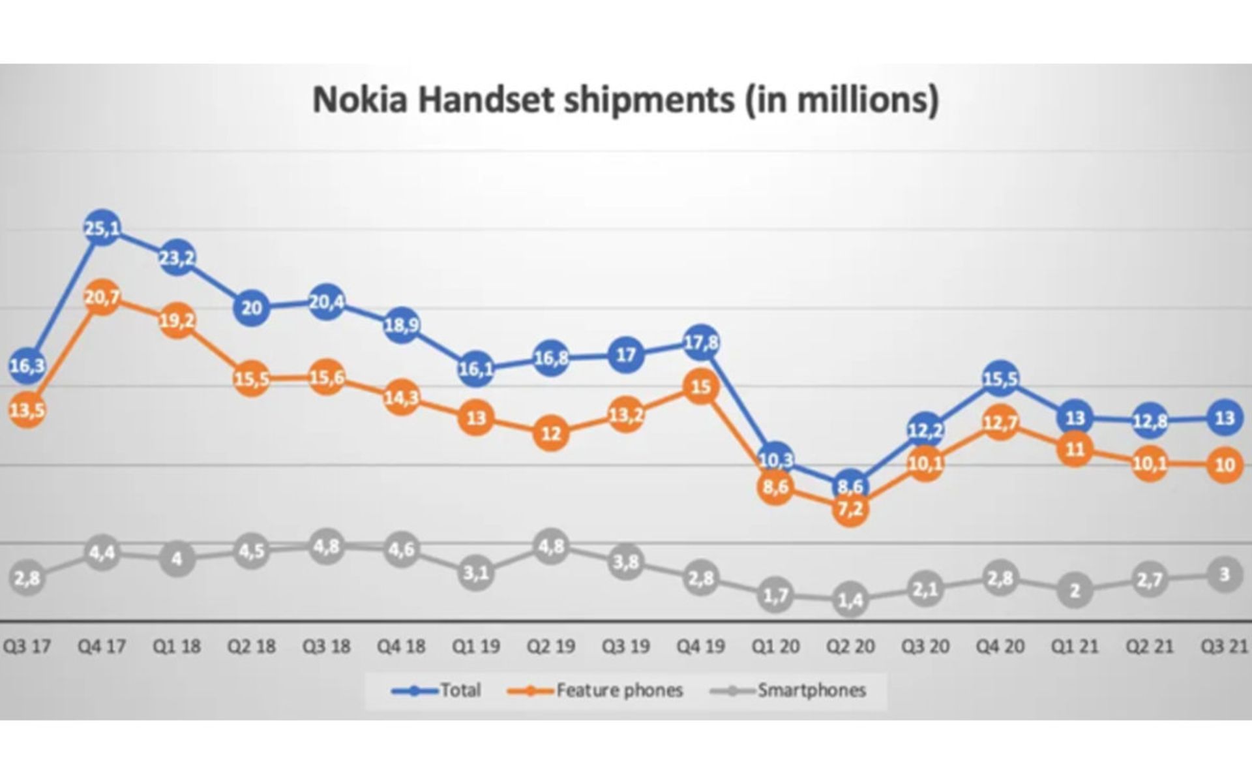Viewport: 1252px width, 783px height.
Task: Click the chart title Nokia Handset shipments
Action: tap(625, 100)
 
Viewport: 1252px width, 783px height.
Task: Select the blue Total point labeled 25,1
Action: tap(102, 228)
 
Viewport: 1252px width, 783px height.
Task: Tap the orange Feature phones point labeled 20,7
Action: tap(102, 298)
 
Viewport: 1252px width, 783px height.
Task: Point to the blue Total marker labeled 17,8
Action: tap(701, 343)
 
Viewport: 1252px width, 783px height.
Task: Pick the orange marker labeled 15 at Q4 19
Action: tap(701, 387)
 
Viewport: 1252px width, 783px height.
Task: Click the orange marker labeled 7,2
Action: tap(850, 509)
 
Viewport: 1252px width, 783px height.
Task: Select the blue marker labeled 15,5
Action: tap(1000, 378)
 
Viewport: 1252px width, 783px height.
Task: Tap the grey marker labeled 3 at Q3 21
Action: tap(1225, 574)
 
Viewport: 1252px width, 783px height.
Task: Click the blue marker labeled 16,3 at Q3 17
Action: tap(27, 365)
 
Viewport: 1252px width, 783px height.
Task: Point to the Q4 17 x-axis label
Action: tap(102, 647)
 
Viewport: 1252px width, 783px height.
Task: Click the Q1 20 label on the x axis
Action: tap(775, 647)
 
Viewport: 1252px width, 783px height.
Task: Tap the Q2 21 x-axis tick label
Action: tap(1150, 647)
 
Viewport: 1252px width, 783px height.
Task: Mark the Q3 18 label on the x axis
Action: tap(327, 647)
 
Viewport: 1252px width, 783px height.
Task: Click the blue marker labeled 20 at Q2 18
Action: tap(252, 307)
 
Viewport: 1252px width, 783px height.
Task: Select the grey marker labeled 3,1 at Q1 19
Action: tap(476, 573)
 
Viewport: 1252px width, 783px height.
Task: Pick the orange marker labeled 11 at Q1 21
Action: tap(1075, 449)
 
